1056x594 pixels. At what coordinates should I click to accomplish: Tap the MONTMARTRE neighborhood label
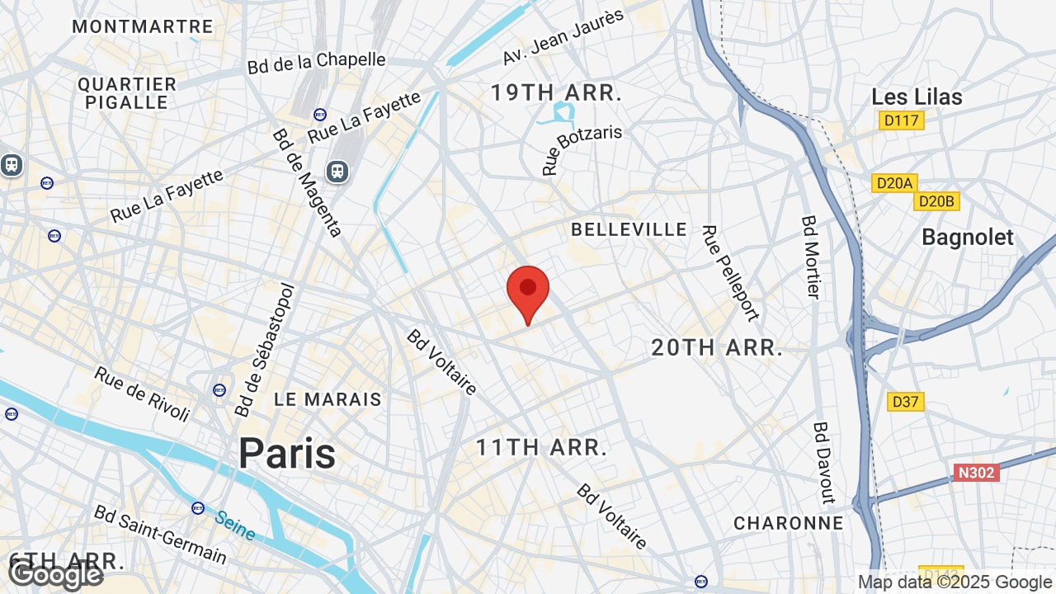click(143, 26)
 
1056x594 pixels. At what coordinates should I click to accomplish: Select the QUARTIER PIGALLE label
click(127, 93)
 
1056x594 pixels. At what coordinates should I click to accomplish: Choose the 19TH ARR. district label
click(556, 92)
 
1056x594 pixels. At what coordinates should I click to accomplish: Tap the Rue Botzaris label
click(582, 149)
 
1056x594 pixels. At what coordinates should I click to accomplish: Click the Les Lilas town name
click(917, 97)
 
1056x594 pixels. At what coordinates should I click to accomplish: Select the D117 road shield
click(901, 121)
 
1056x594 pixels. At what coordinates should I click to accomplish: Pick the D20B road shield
click(936, 201)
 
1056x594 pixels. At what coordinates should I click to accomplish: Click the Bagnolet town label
click(967, 238)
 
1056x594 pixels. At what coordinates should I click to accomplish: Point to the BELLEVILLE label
click(629, 229)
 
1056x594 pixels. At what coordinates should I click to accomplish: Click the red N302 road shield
click(976, 473)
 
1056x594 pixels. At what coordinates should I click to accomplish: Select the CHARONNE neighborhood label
click(789, 523)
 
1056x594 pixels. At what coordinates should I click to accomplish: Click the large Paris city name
click(287, 454)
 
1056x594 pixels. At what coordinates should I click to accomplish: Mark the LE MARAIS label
click(328, 399)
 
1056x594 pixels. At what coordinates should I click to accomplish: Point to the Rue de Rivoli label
click(142, 394)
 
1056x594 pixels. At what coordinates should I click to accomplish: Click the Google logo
click(56, 574)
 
